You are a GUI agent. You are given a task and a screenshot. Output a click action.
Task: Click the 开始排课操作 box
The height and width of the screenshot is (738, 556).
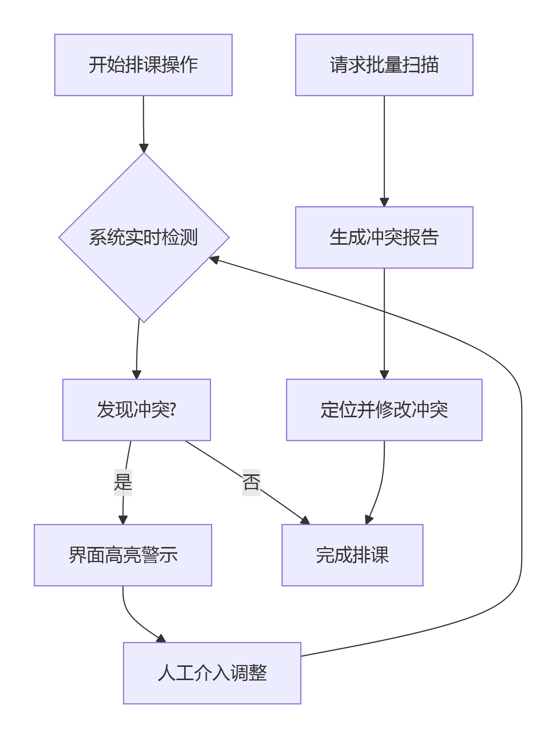click(143, 65)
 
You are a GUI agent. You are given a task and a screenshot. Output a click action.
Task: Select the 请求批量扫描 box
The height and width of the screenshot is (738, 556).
click(384, 65)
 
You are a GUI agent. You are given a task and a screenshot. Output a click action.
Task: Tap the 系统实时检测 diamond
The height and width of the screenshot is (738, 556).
click(144, 237)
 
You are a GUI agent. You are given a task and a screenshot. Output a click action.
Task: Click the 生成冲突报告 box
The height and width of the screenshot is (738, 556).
click(384, 237)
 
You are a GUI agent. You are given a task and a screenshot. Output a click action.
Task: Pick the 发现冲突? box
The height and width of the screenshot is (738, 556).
click(136, 410)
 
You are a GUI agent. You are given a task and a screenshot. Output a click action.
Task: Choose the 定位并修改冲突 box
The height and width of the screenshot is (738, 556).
click(384, 410)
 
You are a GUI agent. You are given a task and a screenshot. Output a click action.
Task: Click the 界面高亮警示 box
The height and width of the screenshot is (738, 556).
click(123, 555)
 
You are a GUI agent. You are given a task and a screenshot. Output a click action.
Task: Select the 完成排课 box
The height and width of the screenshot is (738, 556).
click(352, 555)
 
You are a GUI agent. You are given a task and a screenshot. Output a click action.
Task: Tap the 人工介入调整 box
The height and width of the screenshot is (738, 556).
click(212, 673)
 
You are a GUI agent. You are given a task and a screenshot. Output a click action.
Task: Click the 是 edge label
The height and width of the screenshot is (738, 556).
click(123, 482)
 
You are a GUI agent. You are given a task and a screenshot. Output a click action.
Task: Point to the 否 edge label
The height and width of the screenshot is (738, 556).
click(251, 482)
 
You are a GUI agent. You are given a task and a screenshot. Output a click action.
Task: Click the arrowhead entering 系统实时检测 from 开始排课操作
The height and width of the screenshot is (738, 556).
click(144, 148)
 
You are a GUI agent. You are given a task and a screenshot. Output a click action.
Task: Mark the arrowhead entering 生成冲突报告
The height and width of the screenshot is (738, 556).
click(384, 202)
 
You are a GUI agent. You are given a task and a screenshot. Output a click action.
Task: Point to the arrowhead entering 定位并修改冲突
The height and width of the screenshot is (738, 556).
click(384, 375)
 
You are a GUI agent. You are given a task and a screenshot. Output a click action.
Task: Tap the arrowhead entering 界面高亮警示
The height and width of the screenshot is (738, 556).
click(123, 520)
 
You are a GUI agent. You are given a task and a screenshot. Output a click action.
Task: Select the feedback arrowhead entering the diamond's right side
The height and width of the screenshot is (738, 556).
click(214, 259)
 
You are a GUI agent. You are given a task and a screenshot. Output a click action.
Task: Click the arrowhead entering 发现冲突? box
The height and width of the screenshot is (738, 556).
click(136, 375)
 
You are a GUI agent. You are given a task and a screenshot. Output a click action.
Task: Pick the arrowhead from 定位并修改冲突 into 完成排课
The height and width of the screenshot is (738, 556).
click(369, 520)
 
